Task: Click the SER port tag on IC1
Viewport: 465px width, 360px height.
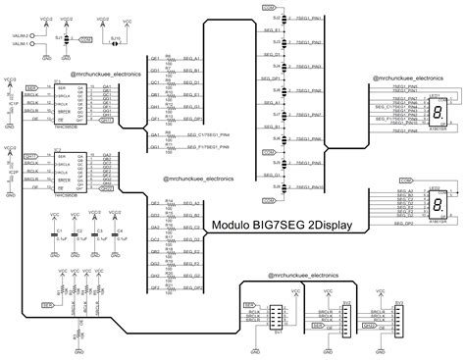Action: tap(32, 87)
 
